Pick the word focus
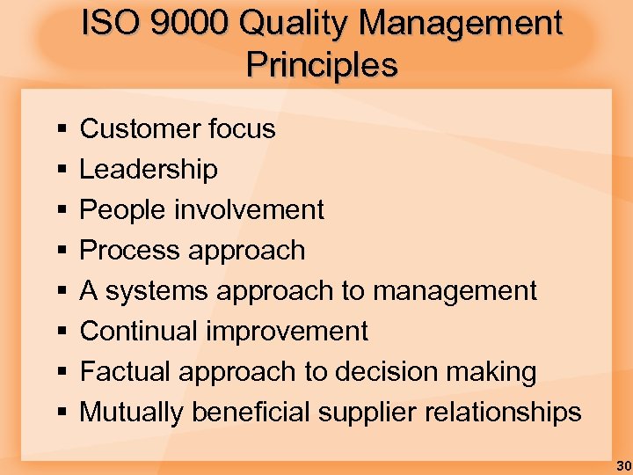(x=242, y=128)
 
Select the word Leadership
(x=149, y=169)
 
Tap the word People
(x=123, y=209)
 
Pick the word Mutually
(x=133, y=412)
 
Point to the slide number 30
(x=622, y=464)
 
